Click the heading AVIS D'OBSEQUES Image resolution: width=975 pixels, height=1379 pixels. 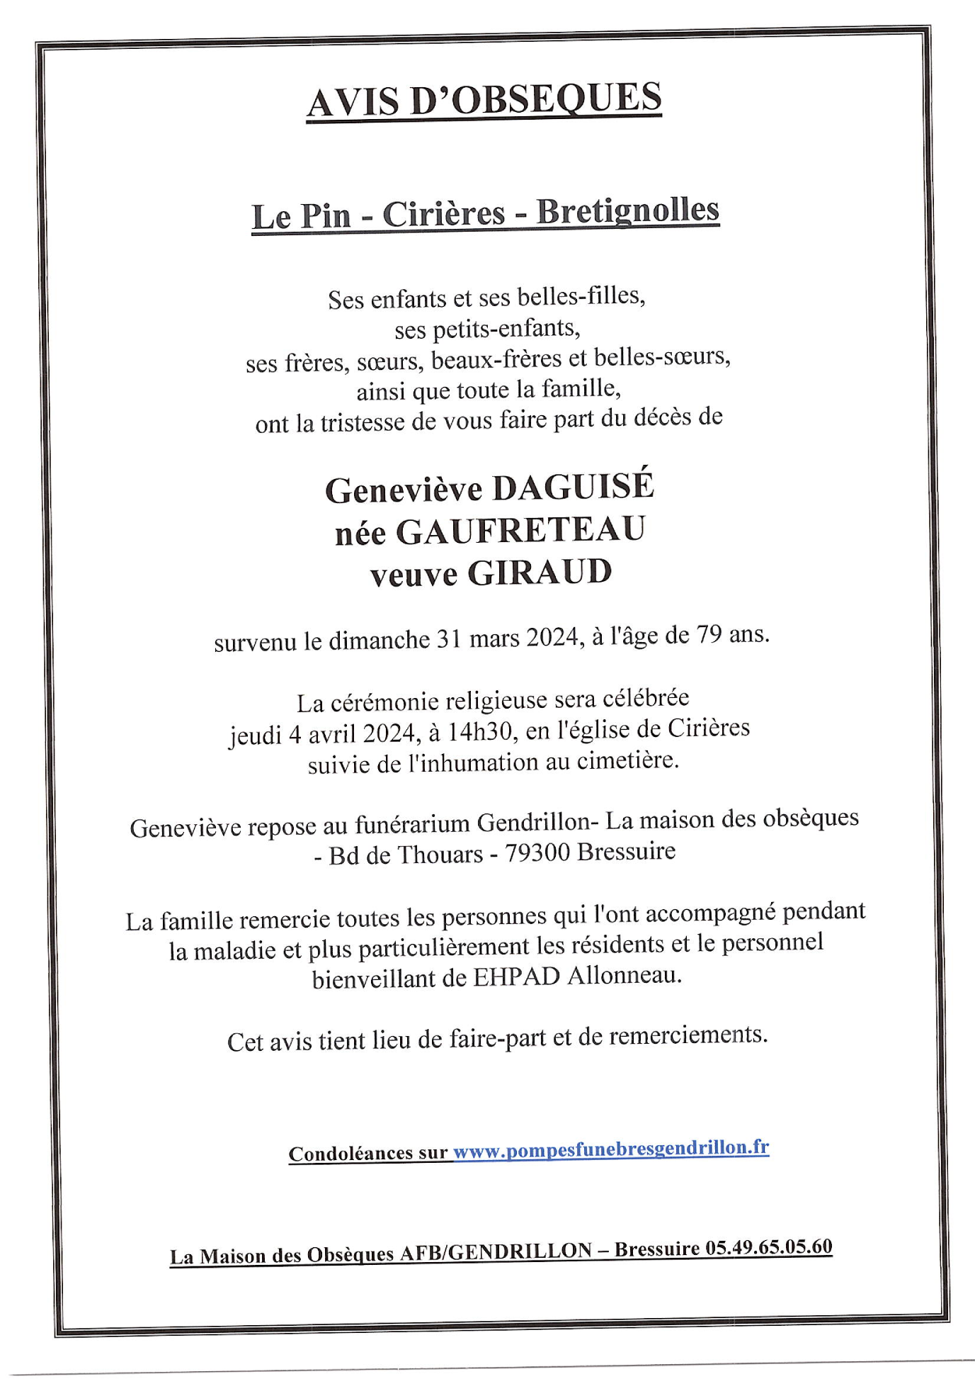coord(484,100)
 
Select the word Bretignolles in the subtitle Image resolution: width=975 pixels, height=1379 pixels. coord(627,210)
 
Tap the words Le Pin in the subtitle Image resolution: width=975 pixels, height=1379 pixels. coord(301,215)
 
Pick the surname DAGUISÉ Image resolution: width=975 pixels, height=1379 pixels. coord(573,487)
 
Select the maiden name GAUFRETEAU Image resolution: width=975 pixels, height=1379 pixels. coord(520,531)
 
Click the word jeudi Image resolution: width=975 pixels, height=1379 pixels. coord(255,736)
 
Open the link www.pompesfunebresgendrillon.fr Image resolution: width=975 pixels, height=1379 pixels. coord(610,1149)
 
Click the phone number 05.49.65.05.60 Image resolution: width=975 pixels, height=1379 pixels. coord(769,1247)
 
